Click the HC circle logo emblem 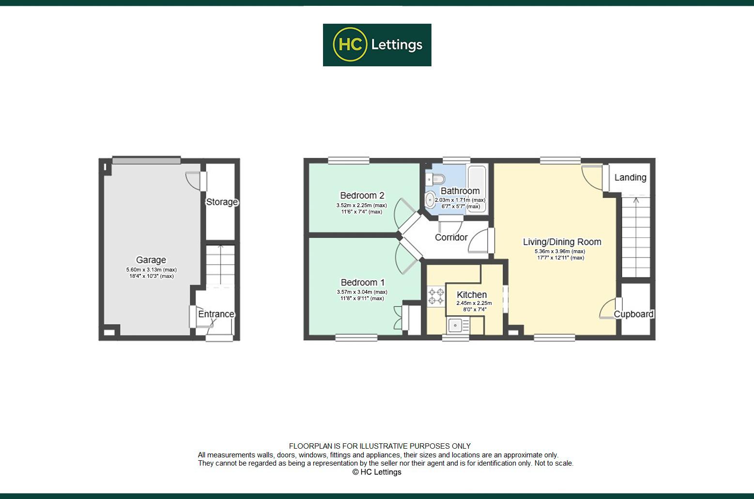click(x=350, y=45)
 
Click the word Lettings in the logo click(x=397, y=45)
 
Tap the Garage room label click(x=151, y=260)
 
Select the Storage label click(x=222, y=202)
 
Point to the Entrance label click(x=216, y=314)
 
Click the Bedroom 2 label click(x=362, y=195)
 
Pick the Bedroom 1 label click(x=363, y=282)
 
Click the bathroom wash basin click(x=430, y=200)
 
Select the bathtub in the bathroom click(x=477, y=189)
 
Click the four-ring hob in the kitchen click(x=436, y=296)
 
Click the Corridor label click(x=451, y=238)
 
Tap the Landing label click(x=631, y=177)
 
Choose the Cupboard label click(x=633, y=314)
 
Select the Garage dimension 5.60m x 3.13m click(x=152, y=270)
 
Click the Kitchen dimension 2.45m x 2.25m click(x=474, y=303)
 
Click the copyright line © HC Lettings click(x=377, y=472)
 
